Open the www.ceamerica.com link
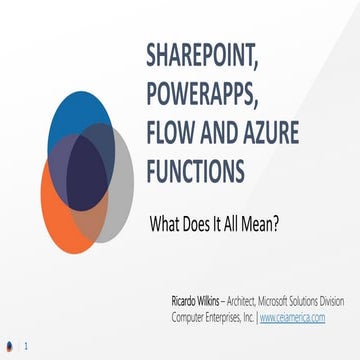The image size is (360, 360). [x=298, y=315]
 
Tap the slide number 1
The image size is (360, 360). [x=25, y=347]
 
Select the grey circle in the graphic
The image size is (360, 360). [x=122, y=190]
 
